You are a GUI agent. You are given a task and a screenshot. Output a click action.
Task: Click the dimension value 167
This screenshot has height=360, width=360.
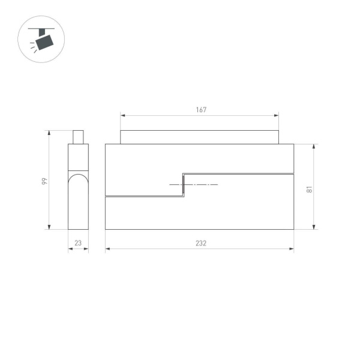[201, 110]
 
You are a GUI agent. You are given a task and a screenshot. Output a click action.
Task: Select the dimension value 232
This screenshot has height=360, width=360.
[200, 243]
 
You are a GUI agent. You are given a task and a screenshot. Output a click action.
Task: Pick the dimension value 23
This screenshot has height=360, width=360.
[78, 243]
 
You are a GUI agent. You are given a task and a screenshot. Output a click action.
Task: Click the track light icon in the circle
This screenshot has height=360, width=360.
[43, 39]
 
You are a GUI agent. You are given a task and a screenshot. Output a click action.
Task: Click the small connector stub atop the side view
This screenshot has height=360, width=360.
[78, 137]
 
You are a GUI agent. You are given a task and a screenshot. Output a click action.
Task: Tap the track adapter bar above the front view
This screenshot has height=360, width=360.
[199, 137]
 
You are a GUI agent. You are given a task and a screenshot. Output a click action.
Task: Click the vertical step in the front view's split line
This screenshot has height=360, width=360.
[183, 185]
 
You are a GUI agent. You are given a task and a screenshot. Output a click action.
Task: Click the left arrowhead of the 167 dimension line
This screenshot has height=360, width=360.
[122, 115]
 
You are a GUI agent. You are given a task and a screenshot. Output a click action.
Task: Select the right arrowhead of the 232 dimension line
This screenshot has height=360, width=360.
[292, 249]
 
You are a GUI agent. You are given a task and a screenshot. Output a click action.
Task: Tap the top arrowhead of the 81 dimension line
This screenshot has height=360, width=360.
[314, 146]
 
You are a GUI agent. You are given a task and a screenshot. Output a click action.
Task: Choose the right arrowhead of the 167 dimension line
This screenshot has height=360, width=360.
[277, 115]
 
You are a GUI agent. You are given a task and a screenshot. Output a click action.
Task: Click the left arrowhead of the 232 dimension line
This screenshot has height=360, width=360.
[107, 249]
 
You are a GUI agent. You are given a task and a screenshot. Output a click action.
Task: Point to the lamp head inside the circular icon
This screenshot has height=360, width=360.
[44, 43]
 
